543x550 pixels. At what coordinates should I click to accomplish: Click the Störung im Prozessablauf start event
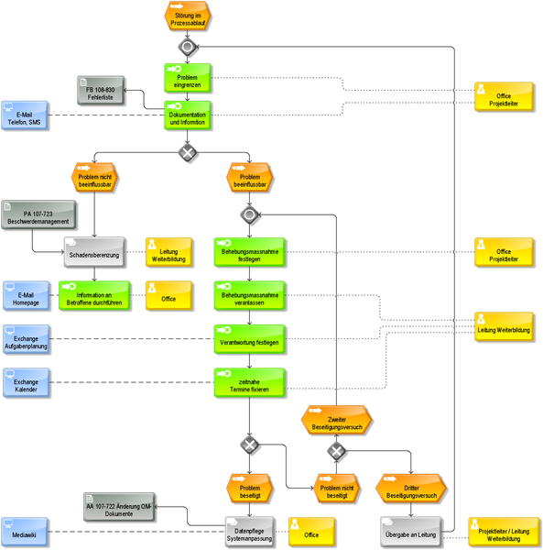pyautogui.click(x=188, y=16)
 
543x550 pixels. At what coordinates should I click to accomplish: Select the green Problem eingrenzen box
pyautogui.click(x=188, y=78)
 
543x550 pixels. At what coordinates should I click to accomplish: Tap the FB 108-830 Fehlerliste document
pyautogui.click(x=101, y=91)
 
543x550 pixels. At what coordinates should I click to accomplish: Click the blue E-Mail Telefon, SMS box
pyautogui.click(x=24, y=115)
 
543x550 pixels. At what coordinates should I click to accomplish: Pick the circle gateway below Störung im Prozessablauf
pyautogui.click(x=188, y=47)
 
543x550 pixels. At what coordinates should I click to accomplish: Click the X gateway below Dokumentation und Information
pyautogui.click(x=188, y=152)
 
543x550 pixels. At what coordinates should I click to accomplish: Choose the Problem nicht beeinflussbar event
pyautogui.click(x=94, y=178)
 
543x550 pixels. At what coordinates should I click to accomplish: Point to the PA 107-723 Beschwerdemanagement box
pyautogui.click(x=38, y=215)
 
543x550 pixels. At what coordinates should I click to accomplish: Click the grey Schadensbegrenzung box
pyautogui.click(x=94, y=252)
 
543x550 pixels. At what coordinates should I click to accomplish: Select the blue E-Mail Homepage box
pyautogui.click(x=26, y=296)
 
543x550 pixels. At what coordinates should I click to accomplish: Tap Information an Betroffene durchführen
pyautogui.click(x=94, y=296)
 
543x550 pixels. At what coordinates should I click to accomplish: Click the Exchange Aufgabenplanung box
pyautogui.click(x=26, y=339)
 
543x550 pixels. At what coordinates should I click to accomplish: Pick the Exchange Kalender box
pyautogui.click(x=26, y=382)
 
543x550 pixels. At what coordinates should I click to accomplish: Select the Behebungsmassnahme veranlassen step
pyautogui.click(x=249, y=296)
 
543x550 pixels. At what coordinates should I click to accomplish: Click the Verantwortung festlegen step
pyautogui.click(x=249, y=339)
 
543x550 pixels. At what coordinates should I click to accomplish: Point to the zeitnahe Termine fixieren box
pyautogui.click(x=249, y=382)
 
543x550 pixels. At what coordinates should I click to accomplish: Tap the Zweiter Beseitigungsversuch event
pyautogui.click(x=336, y=420)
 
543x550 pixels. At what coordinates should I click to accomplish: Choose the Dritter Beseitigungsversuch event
pyautogui.click(x=411, y=489)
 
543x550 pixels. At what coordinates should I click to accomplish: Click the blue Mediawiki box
pyautogui.click(x=24, y=532)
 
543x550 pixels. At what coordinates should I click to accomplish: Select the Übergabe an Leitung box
pyautogui.click(x=410, y=532)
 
